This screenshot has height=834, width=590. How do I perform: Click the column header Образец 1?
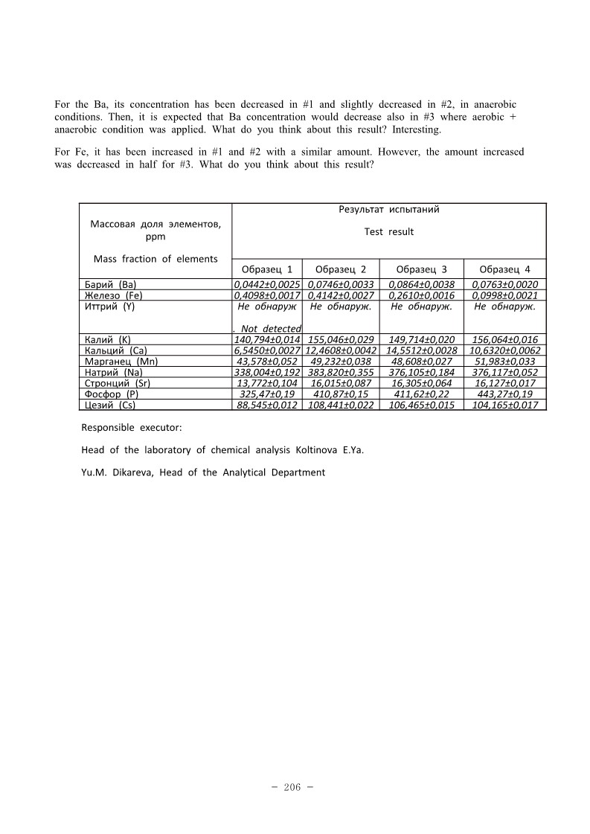pyautogui.click(x=267, y=269)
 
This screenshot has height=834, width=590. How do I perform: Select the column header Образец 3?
pyautogui.click(x=422, y=269)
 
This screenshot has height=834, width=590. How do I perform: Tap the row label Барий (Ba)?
pyautogui.click(x=111, y=284)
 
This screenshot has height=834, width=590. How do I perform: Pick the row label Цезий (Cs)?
pyautogui.click(x=111, y=405)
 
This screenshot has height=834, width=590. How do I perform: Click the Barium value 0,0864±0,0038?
pyautogui.click(x=422, y=284)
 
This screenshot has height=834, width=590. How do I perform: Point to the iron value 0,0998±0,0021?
pyautogui.click(x=505, y=295)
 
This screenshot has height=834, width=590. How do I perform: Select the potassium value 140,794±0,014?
pyautogui.click(x=267, y=340)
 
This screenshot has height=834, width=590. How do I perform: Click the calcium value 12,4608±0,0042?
pyautogui.click(x=342, y=350)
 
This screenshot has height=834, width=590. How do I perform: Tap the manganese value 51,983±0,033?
pyautogui.click(x=505, y=362)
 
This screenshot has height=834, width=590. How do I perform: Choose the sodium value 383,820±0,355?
pyautogui.click(x=342, y=373)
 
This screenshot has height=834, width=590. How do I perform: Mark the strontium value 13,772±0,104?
pyautogui.click(x=267, y=383)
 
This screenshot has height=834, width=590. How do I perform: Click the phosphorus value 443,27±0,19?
pyautogui.click(x=505, y=394)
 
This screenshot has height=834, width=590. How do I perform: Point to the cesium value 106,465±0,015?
pyautogui.click(x=422, y=405)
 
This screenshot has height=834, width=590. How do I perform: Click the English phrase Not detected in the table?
pyautogui.click(x=271, y=329)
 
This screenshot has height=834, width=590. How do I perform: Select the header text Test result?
pyautogui.click(x=388, y=232)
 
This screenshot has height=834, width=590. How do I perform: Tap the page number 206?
pyautogui.click(x=292, y=787)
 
